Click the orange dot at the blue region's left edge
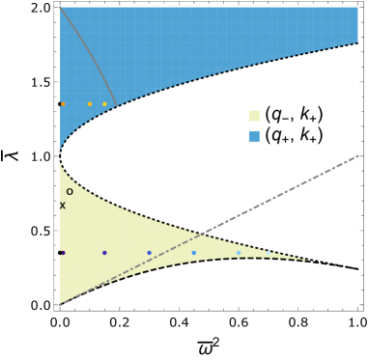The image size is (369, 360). coord(63,104)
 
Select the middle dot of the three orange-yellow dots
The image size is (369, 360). coord(90,104)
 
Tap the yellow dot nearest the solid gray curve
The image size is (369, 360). coord(104,104)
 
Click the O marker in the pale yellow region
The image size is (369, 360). coord(70,192)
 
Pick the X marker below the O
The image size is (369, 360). coord(63,206)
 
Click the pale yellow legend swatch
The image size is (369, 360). coord(254,116)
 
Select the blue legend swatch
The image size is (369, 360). coord(254,137)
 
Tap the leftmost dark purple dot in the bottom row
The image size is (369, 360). coord(62,253)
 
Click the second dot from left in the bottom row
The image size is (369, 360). coord(104,253)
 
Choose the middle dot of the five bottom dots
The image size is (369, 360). coord(149,253)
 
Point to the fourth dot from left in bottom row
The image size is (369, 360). coord(193,253)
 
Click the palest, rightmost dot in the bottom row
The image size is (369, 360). coord(239,253)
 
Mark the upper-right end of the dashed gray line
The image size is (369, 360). coord(358,155)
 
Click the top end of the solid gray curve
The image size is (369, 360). coord(61,8)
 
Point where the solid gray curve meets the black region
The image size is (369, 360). coord(117,106)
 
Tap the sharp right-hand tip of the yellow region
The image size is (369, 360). coord(310,261)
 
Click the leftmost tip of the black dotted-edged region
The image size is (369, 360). coord(61,154)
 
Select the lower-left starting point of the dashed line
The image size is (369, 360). coord(60,305)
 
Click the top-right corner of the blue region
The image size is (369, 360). coord(357,8)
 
